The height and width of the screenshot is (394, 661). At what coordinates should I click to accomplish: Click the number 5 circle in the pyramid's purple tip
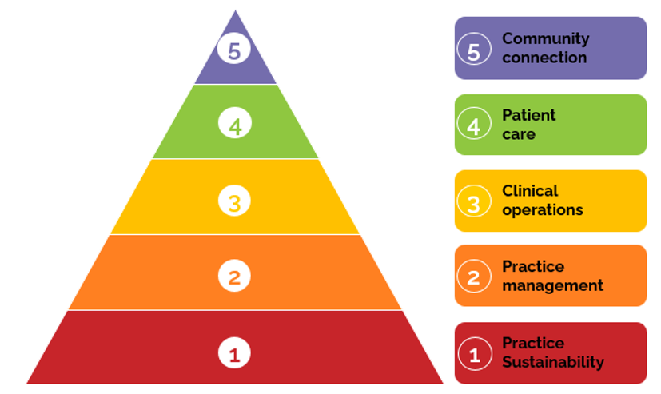tap(234, 50)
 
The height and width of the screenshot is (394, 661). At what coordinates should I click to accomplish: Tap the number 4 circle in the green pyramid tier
tap(234, 125)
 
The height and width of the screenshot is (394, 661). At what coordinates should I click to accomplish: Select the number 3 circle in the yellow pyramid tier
tap(234, 201)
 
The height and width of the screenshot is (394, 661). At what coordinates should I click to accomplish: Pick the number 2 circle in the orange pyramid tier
tap(234, 277)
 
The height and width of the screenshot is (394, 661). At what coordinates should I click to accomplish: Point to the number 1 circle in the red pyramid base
tap(234, 352)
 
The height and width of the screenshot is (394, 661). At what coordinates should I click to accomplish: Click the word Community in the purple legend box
tap(545, 38)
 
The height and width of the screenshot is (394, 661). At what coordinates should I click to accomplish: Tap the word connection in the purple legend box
tap(544, 58)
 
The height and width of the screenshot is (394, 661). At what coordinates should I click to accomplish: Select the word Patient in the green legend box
tap(528, 115)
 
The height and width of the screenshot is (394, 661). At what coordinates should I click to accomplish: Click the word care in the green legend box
tap(518, 134)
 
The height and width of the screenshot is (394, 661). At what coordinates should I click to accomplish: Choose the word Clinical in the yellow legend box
tap(530, 191)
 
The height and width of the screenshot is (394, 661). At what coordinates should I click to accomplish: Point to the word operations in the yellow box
tap(542, 210)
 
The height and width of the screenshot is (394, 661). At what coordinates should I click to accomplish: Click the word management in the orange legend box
tap(552, 285)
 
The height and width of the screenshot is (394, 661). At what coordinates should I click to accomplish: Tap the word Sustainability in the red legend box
tap(552, 362)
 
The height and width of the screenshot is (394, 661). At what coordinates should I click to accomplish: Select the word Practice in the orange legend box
tap(532, 266)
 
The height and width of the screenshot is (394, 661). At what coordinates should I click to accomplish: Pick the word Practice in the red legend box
tap(532, 343)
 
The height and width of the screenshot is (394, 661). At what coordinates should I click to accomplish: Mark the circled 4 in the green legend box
tap(474, 125)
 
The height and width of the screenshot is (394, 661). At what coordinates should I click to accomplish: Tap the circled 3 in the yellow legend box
tap(474, 201)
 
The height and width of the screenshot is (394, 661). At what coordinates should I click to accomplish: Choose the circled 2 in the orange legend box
tap(474, 277)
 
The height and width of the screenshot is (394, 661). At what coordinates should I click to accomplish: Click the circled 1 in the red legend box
tap(474, 353)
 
